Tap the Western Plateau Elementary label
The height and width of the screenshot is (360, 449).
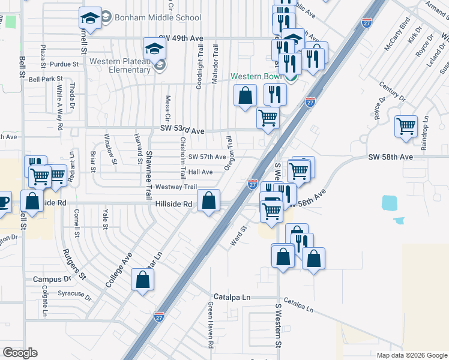tap(120, 65)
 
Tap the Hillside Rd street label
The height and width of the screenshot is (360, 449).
tap(173, 204)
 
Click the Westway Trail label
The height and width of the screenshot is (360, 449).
tap(176, 187)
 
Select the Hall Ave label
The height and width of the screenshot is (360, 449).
tap(200, 172)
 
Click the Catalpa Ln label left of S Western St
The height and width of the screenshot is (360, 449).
tap(232, 298)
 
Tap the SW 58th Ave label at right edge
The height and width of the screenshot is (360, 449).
tap(390, 157)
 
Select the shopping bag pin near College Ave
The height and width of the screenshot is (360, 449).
tap(142, 279)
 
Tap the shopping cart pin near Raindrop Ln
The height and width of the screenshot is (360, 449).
tap(406, 126)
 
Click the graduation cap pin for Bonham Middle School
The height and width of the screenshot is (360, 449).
tap(90, 20)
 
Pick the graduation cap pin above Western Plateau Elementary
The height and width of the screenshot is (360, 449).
tap(154, 48)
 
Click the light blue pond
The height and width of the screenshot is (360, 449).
tap(389, 203)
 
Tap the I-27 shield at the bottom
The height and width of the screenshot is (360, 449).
tap(159, 316)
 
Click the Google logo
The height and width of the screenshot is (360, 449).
tap(20, 353)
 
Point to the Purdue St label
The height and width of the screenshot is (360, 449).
tap(64, 64)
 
